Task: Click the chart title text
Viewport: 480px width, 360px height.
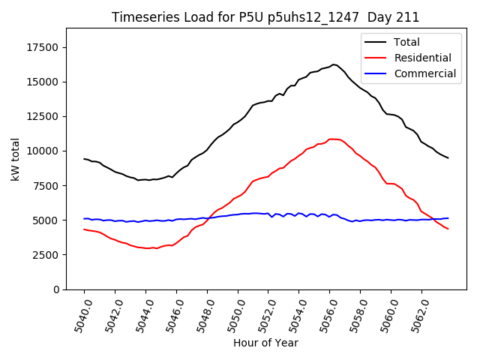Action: [x=265, y=17]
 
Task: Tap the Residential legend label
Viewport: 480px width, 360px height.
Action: [x=420, y=58]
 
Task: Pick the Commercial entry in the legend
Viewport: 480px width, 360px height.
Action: [x=423, y=73]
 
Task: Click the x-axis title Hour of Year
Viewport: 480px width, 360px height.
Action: [x=265, y=343]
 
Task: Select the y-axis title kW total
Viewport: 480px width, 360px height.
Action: [x=15, y=159]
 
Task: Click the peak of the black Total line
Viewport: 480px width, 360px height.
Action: [x=333, y=64]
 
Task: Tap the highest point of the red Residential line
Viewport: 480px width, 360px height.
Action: [x=331, y=139]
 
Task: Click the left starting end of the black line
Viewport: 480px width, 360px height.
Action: [x=84, y=159]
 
